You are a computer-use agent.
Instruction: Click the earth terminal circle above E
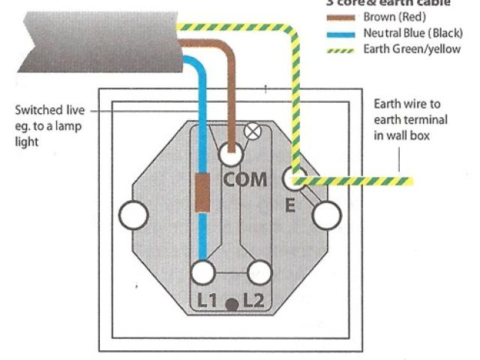(x=292, y=178)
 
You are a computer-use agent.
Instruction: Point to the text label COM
(x=244, y=180)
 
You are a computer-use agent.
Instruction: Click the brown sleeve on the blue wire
(x=202, y=193)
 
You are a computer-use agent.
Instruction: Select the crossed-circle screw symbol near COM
(x=253, y=132)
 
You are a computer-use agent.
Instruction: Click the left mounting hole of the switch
(x=133, y=216)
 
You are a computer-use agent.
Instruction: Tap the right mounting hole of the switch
(x=326, y=216)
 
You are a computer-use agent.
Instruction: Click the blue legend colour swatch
(x=340, y=34)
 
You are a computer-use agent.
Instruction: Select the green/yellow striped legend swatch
(x=340, y=50)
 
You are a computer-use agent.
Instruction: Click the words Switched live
(x=47, y=111)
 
